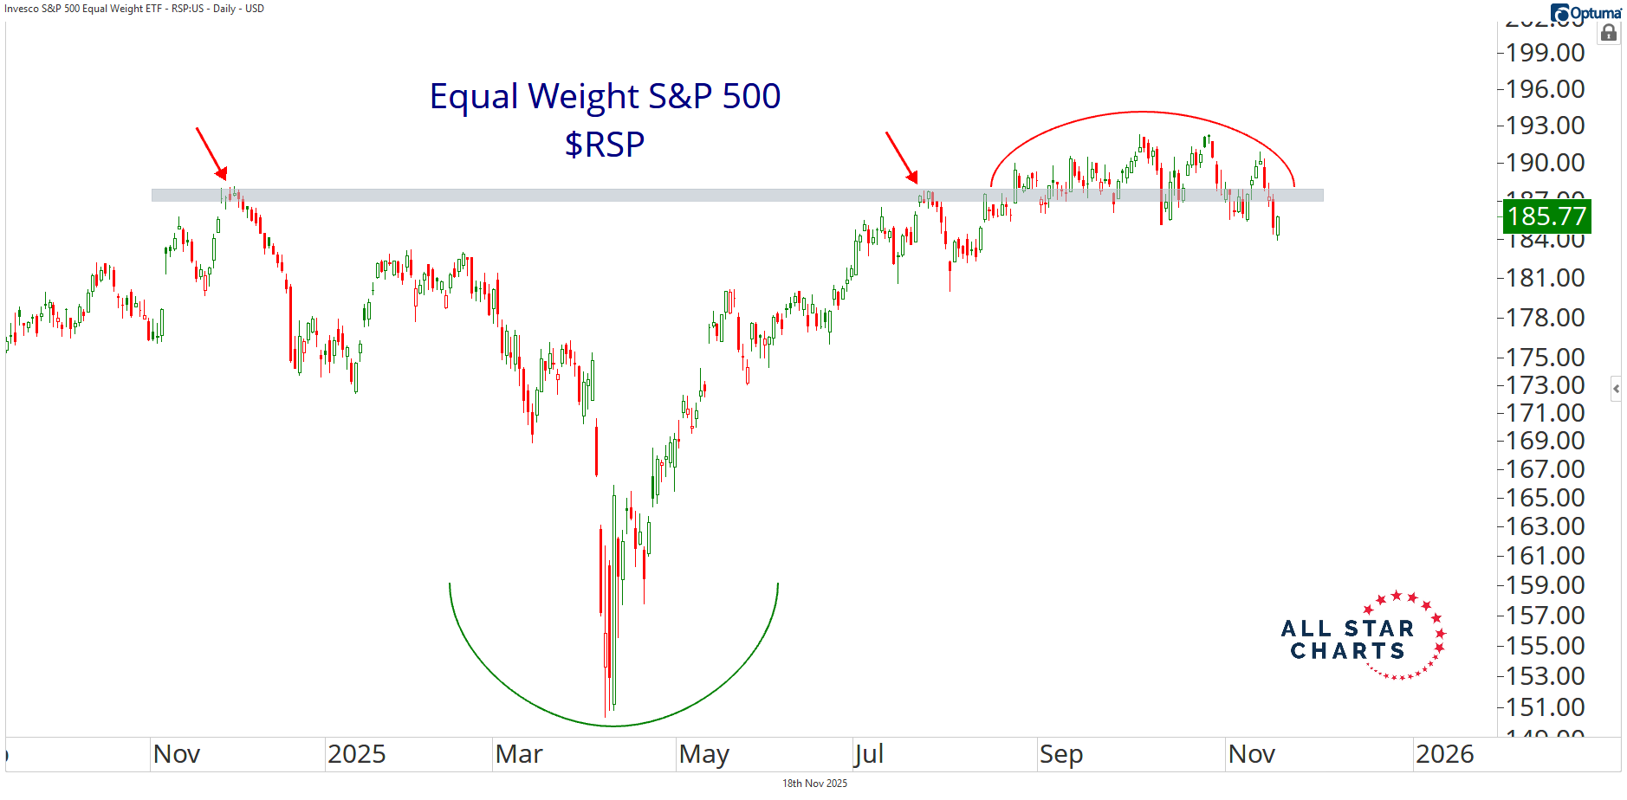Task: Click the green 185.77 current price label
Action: click(x=1546, y=216)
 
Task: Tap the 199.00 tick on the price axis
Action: click(x=1545, y=53)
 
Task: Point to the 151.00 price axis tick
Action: click(x=1545, y=707)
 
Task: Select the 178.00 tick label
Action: click(x=1545, y=318)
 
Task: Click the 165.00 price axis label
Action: click(x=1545, y=498)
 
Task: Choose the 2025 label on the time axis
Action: click(x=356, y=754)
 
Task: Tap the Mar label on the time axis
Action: click(x=519, y=754)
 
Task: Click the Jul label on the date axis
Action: click(x=868, y=754)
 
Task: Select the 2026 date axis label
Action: click(x=1444, y=754)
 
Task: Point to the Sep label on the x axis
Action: click(x=1060, y=754)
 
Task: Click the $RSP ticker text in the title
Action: click(x=605, y=145)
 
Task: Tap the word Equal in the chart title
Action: click(x=473, y=96)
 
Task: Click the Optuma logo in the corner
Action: click(x=1585, y=13)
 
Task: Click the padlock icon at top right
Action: click(x=1609, y=34)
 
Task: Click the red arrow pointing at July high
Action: click(x=901, y=158)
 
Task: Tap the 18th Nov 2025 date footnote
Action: click(x=814, y=784)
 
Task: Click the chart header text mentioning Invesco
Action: click(x=134, y=9)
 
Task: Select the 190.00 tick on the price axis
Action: click(x=1545, y=163)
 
